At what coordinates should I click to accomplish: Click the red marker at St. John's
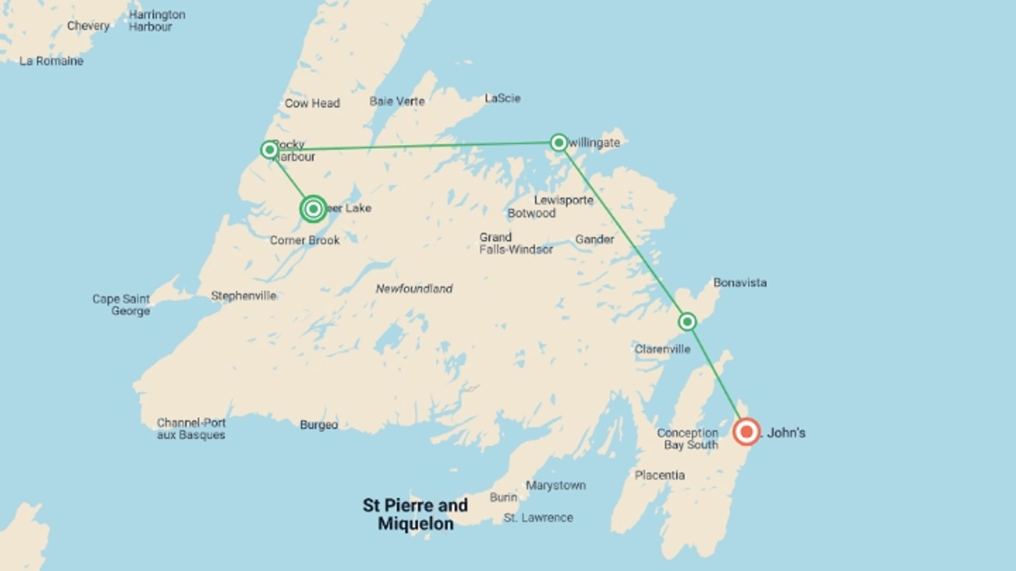point(746,432)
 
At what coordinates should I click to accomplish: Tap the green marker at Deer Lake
point(313,209)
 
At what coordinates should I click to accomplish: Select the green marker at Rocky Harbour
point(269,150)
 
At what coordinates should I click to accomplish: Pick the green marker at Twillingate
point(558,142)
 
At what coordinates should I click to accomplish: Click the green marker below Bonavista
point(687,321)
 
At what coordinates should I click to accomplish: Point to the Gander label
point(594,240)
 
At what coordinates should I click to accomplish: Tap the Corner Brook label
point(305,241)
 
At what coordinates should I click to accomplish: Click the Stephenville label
point(243,296)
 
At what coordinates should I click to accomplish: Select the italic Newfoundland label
point(414,289)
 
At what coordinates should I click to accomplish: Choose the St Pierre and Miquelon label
point(415,514)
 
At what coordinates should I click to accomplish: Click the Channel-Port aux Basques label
point(191,429)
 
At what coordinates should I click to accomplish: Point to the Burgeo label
point(319,425)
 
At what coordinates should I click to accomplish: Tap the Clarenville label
point(663,349)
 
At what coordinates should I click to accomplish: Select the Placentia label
point(659,475)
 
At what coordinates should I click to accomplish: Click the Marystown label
point(556,485)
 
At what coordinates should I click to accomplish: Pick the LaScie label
point(502,98)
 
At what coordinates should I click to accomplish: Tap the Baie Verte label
point(397,101)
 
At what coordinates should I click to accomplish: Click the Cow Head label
point(312,103)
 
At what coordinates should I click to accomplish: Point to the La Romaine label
point(51,61)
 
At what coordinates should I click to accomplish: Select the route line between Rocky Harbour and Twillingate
point(413,146)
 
